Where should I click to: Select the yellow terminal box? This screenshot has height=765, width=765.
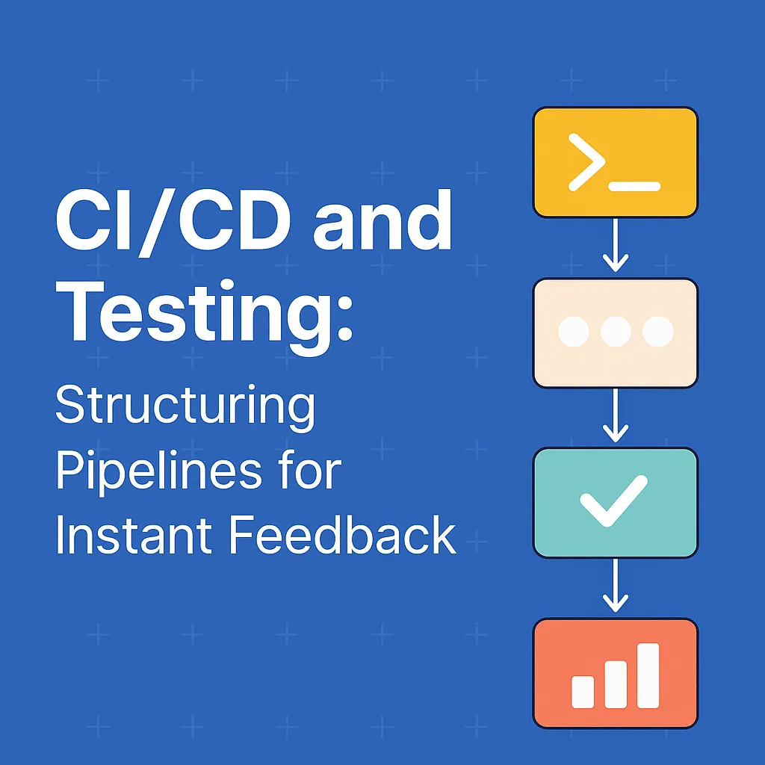[616, 162]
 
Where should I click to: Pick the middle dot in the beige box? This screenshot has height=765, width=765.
[616, 332]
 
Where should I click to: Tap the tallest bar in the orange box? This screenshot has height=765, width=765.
[648, 675]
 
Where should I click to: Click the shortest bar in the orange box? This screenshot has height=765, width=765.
[583, 692]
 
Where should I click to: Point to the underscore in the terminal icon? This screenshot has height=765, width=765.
[635, 186]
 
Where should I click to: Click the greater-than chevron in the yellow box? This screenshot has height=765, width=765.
[587, 162]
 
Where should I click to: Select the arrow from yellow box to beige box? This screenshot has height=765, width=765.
[616, 245]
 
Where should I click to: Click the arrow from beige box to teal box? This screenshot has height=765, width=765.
[616, 415]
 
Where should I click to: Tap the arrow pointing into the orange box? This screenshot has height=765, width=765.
[616, 585]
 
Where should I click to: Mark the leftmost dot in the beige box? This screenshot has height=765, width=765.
[573, 332]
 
